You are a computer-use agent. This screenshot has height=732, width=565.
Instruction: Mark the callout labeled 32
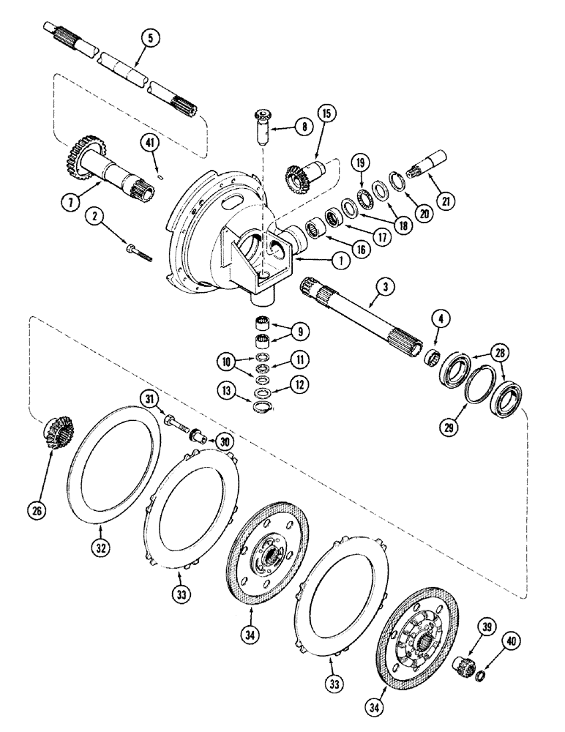click(101, 545)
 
